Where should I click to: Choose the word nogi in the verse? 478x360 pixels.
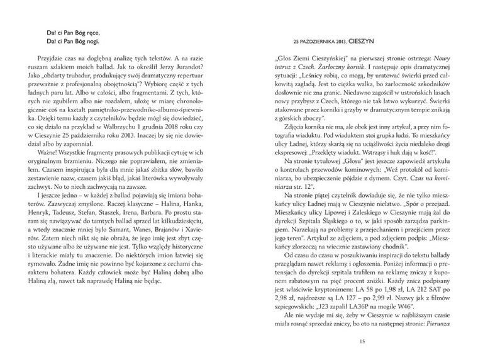tap(87, 41)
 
